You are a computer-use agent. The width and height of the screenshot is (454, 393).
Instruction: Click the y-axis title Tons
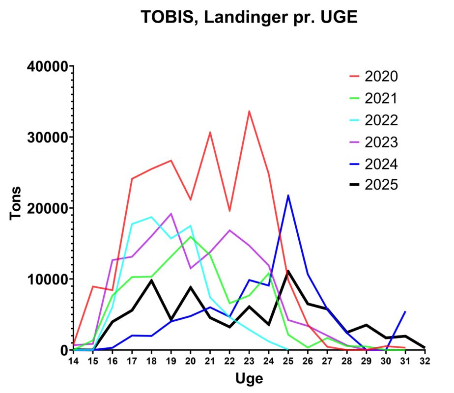pyautogui.click(x=17, y=203)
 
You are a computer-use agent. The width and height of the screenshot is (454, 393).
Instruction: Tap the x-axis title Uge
pyautogui.click(x=249, y=379)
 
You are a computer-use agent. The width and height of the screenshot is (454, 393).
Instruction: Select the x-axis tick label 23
pyautogui.click(x=249, y=361)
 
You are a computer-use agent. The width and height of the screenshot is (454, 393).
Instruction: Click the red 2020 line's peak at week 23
pyautogui.click(x=249, y=111)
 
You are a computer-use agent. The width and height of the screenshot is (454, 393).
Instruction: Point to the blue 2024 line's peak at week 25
pyautogui.click(x=288, y=196)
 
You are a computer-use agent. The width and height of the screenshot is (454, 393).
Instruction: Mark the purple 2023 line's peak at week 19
pyautogui.click(x=171, y=214)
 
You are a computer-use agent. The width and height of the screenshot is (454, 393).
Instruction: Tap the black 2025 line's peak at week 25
pyautogui.click(x=288, y=271)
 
